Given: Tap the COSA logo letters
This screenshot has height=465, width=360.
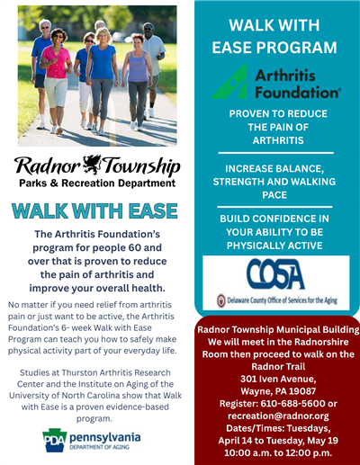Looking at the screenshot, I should tap(276, 273).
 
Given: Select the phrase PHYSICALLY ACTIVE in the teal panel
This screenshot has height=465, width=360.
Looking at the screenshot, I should tap(274, 245).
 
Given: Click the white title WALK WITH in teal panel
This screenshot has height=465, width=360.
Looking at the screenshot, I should tap(274, 24).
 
